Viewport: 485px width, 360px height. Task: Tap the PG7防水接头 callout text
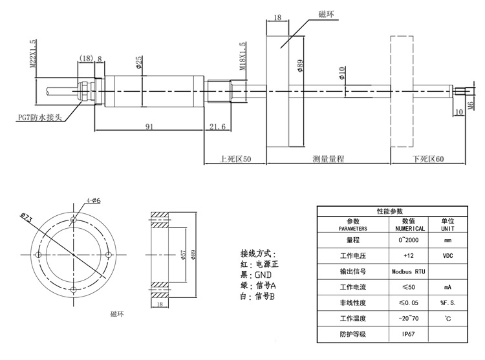[x=40, y=118]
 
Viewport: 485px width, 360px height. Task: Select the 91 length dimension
[x=149, y=127]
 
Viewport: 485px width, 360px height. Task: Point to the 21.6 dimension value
[x=217, y=127]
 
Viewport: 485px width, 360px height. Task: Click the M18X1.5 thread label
[x=242, y=56]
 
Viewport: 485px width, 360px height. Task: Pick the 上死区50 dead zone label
[x=235, y=159]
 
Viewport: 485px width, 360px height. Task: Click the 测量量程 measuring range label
[x=328, y=159]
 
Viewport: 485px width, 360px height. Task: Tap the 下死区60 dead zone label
[x=428, y=159]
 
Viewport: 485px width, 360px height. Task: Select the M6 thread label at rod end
[x=471, y=105]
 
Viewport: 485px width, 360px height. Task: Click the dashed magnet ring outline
[x=391, y=92]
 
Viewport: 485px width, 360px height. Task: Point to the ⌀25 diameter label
[x=139, y=62]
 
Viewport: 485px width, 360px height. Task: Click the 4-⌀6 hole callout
[x=93, y=200]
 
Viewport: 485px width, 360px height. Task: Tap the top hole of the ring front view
[x=74, y=220]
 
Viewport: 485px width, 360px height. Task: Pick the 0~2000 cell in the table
[x=408, y=240]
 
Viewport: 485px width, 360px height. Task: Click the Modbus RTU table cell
[x=408, y=271]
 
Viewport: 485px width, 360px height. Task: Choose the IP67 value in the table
[x=408, y=334]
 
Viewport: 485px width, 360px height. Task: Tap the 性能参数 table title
[x=390, y=211]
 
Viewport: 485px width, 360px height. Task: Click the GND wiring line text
[x=256, y=275]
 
